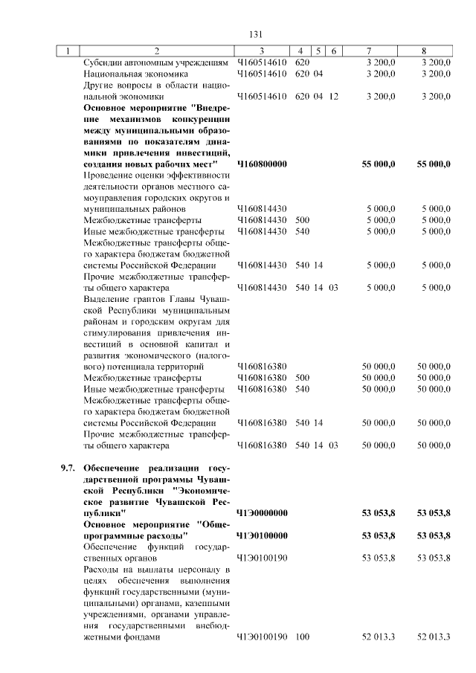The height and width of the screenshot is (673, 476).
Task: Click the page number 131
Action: pyautogui.click(x=257, y=34)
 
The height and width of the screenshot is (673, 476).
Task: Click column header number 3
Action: pyautogui.click(x=262, y=51)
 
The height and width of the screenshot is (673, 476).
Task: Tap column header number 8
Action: pyautogui.click(x=422, y=51)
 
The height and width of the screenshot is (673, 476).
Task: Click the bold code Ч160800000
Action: pyautogui.click(x=262, y=164)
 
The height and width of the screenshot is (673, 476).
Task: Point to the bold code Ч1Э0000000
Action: pyautogui.click(x=262, y=513)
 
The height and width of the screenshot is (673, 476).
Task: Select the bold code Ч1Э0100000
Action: pyautogui.click(x=262, y=535)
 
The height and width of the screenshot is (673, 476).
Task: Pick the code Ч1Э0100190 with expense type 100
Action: pyautogui.click(x=262, y=637)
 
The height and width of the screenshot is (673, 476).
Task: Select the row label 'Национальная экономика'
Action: pyautogui.click(x=136, y=74)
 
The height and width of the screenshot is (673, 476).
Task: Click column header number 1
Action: pyautogui.click(x=68, y=51)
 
